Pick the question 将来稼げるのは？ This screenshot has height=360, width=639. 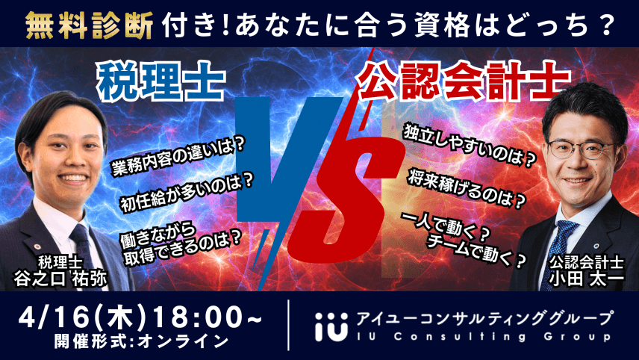[467, 188]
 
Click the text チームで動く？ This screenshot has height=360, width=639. [478, 252]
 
